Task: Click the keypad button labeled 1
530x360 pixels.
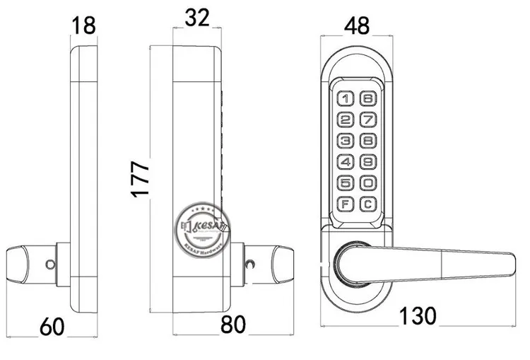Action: pos(346,100)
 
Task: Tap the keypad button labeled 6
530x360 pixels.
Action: pos(367,100)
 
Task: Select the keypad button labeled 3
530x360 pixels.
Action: pos(346,141)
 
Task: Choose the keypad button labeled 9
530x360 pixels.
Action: pos(367,163)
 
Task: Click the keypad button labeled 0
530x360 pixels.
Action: pos(367,184)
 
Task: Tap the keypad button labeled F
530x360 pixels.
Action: pos(346,205)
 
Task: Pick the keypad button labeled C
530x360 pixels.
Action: pos(367,205)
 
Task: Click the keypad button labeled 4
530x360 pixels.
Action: pos(346,163)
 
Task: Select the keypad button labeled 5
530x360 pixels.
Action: pos(346,184)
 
